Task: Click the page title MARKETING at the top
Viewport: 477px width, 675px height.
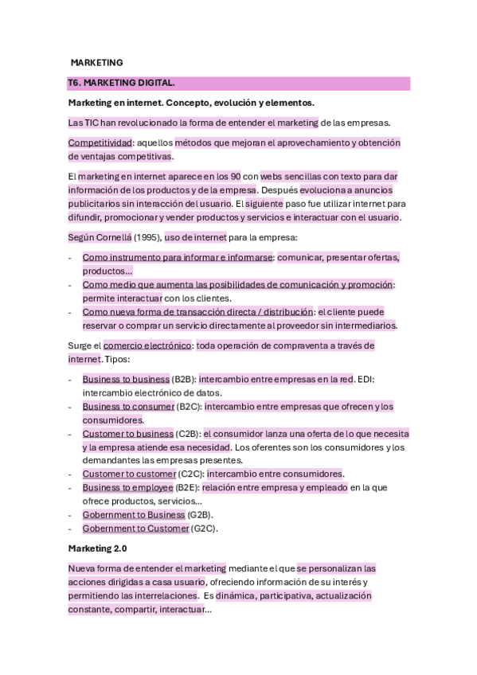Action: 96,62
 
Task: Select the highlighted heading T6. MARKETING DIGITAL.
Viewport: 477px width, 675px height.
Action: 122,83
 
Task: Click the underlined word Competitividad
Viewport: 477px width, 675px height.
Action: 100,142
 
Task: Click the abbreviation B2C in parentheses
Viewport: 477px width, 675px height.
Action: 190,406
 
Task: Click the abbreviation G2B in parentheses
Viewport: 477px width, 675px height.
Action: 200,515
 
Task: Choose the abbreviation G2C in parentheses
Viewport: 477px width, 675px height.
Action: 204,529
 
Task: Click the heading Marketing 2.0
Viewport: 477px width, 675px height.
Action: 97,548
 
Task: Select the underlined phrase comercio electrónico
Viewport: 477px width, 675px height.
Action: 148,345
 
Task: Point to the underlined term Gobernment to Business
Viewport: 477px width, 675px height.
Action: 134,515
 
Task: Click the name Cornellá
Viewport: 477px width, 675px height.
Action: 115,236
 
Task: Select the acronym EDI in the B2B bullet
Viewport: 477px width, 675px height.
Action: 365,379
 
